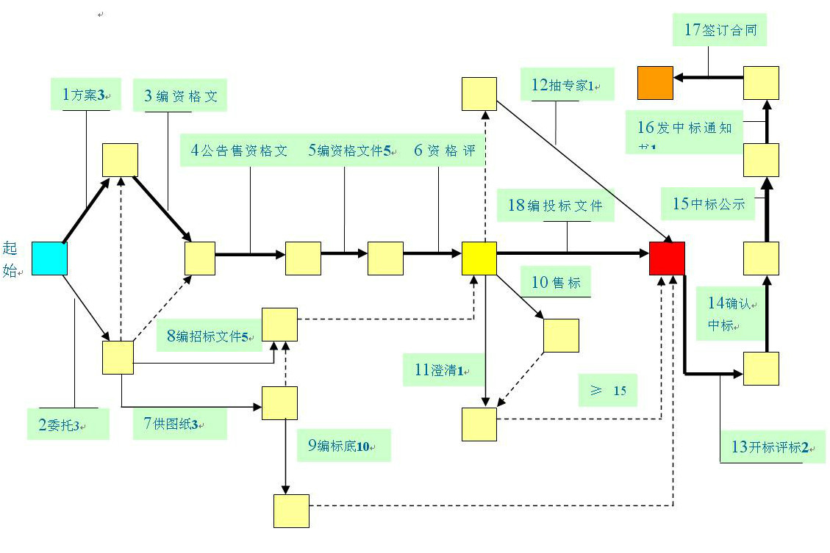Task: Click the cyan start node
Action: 49,259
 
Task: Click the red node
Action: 667,259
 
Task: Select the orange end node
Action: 655,82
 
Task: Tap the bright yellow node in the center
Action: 479,259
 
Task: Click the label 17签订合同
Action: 720,30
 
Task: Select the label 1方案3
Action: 85,95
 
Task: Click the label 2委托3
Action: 68,424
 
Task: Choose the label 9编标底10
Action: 343,446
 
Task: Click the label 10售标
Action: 556,282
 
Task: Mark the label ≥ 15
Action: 608,390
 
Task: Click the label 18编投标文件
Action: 555,205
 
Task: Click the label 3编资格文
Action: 181,95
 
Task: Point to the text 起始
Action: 10,259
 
